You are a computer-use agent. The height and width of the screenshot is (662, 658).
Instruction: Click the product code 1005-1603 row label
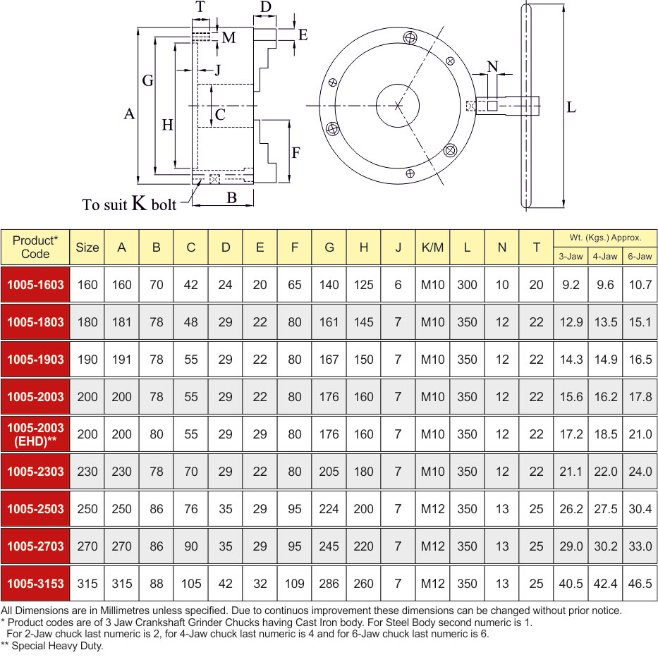35,285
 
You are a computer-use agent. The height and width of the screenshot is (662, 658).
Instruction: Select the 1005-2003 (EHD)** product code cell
35,434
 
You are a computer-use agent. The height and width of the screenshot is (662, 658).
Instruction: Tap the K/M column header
432,247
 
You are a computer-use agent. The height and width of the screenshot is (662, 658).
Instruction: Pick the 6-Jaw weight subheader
640,256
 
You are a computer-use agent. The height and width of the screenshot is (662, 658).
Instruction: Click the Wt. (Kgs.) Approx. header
605,238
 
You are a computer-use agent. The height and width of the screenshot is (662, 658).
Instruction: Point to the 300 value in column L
467,285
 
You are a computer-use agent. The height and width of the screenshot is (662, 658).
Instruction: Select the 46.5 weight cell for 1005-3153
640,584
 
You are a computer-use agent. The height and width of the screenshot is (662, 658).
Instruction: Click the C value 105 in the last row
191,584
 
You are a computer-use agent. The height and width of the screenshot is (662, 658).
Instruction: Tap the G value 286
329,584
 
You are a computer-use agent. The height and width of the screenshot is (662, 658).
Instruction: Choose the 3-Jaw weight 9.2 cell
571,285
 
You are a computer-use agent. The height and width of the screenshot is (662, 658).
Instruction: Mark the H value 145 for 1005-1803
364,322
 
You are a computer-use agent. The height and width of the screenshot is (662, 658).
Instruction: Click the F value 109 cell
294,584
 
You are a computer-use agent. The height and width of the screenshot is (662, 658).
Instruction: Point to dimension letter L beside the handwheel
571,107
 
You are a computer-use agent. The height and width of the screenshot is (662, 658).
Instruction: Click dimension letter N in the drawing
492,66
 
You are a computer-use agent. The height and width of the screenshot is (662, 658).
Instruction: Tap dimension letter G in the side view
148,80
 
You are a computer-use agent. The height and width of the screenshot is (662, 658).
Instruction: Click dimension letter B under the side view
231,197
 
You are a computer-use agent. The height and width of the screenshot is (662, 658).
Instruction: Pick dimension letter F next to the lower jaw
296,152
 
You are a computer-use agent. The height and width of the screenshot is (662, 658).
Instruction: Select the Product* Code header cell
35,247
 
